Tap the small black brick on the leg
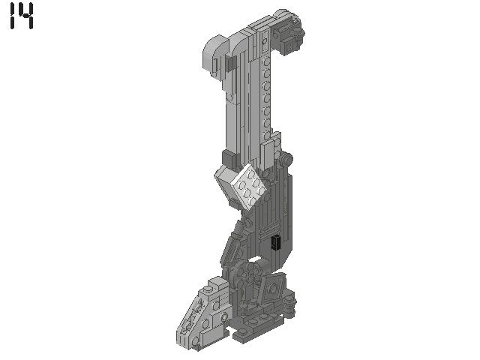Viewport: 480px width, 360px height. [275, 242]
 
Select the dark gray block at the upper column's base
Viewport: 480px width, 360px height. [228, 159]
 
